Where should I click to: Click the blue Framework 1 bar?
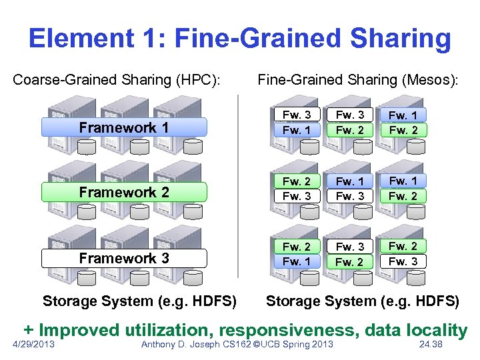pyautogui.click(x=124, y=127)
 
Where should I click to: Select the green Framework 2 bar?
pyautogui.click(x=124, y=193)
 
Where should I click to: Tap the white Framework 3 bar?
pyautogui.click(x=124, y=258)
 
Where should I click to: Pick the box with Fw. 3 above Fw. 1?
pyautogui.click(x=297, y=123)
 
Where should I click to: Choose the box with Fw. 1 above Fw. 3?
pyautogui.click(x=350, y=189)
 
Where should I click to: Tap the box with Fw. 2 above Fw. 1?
pyautogui.click(x=297, y=255)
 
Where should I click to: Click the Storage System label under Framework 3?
pyautogui.click(x=139, y=301)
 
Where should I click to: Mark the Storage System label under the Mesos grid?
pyautogui.click(x=363, y=301)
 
